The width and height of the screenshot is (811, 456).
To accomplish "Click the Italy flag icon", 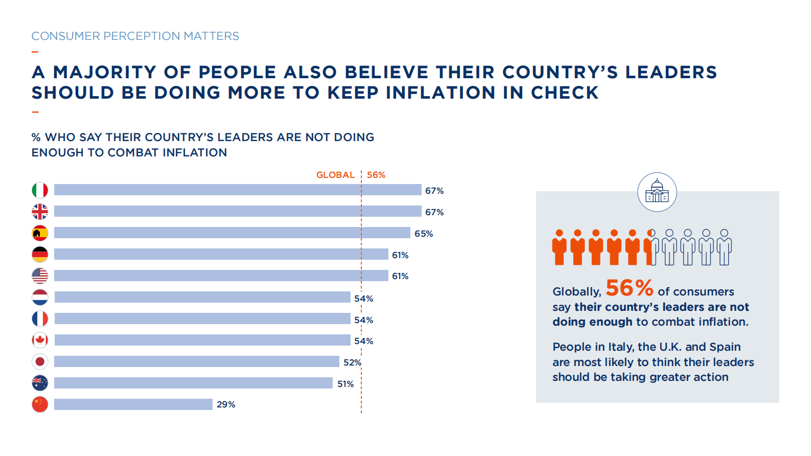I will coord(40,190).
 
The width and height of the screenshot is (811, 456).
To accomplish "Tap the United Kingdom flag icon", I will coord(40,212).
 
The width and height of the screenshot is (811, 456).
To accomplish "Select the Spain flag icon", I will coord(40,233).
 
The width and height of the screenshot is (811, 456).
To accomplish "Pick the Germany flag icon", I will coord(40,255).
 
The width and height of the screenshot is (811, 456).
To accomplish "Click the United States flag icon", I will coord(40,276).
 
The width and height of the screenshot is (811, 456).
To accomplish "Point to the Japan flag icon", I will coord(40,362).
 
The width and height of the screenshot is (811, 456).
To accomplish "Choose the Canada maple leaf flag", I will coord(40,340).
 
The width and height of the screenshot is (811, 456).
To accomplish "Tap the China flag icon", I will coord(40,404).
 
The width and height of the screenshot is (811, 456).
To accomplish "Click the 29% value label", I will coord(226,404).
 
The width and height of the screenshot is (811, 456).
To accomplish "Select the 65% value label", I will coord(424,234).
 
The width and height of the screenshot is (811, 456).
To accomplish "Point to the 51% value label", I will coord(345,384).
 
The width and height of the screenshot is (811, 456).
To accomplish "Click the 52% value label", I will coord(352,362).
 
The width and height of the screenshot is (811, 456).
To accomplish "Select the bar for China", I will coord(133,404).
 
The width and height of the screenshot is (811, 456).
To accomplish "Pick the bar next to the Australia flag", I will coord(193,383).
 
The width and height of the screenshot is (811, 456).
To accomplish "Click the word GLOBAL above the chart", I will coord(335,175).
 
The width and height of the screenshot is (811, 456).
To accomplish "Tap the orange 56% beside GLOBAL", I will coord(376,175).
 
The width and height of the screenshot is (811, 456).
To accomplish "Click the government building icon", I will coord(657,192).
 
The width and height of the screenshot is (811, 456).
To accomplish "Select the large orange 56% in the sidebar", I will coord(630,288).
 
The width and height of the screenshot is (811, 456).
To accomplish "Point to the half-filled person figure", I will coord(651,247).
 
